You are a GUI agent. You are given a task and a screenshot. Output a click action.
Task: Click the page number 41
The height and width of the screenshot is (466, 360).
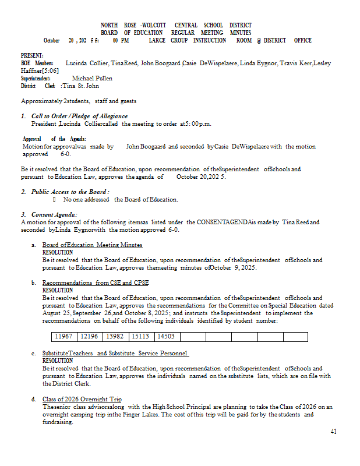pos(333,432)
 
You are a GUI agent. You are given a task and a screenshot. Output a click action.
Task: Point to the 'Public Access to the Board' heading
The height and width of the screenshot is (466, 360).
pos(70,192)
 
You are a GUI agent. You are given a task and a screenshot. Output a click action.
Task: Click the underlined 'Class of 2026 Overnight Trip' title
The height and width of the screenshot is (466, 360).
pos(82,399)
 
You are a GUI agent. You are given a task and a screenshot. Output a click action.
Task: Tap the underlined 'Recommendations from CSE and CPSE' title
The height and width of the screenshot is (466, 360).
pos(95,283)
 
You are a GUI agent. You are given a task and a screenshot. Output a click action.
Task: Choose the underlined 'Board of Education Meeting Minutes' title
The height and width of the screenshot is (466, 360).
pos(92,245)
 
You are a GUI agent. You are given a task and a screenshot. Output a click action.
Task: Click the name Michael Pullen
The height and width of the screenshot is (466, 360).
pos(93,78)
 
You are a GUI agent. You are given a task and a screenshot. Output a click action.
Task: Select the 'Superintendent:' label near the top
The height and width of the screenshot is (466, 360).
pos(36,78)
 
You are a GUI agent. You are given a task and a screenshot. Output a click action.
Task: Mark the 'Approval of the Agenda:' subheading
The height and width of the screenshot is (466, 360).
pos(54,139)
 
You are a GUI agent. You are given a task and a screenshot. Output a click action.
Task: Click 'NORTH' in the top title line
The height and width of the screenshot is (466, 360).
pos(109,26)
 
